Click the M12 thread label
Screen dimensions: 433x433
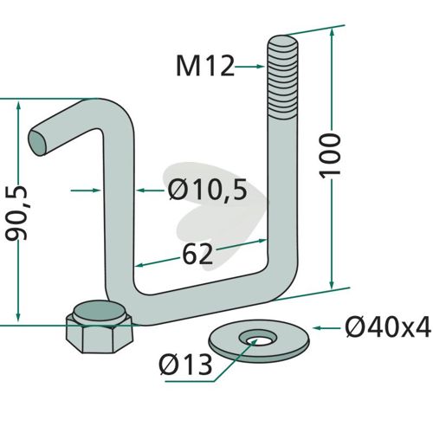pyautogui.click(x=205, y=67)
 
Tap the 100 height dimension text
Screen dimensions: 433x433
pyautogui.click(x=329, y=156)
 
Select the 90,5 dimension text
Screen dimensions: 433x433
pyautogui.click(x=16, y=213)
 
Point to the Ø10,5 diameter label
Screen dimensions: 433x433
pyautogui.click(x=208, y=190)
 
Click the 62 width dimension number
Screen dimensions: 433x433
pyautogui.click(x=197, y=254)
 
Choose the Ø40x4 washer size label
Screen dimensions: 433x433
pyautogui.click(x=388, y=328)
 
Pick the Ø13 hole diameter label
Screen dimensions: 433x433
pyautogui.click(x=185, y=365)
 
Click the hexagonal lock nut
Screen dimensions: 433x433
pyautogui.click(x=100, y=326)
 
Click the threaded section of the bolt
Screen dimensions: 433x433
pyautogui.click(x=282, y=78)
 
